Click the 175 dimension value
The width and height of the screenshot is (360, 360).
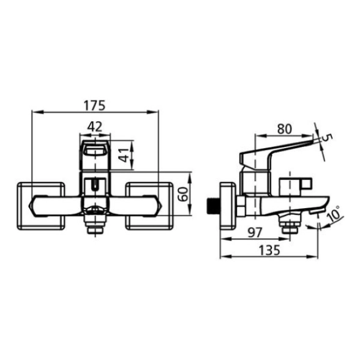pos(94,105)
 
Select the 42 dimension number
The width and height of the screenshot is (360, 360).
pos(95,127)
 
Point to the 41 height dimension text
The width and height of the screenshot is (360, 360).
pos(124,156)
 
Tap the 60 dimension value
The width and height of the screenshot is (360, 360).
pos(184,194)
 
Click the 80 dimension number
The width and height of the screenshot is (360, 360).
pos(285,129)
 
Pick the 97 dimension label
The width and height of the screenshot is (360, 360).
pos(255,233)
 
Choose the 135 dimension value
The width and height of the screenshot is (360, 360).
pos(269,250)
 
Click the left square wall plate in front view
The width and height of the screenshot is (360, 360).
pos(41,206)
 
